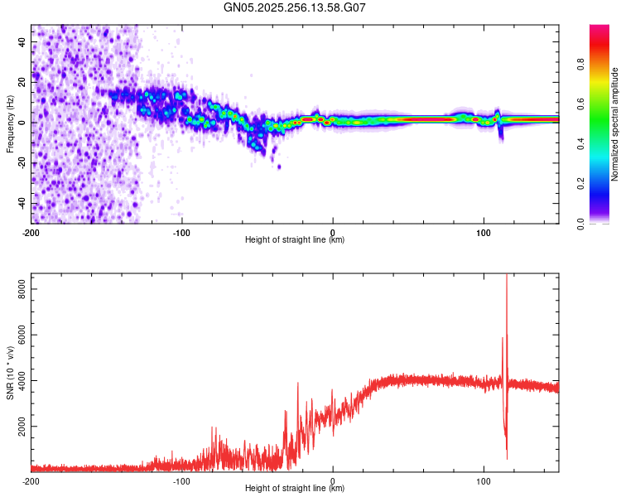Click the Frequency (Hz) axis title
pyautogui.click(x=10, y=124)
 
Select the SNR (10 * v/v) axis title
pyautogui.click(x=10, y=373)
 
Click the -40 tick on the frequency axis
pyautogui.click(x=21, y=204)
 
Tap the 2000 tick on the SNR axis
pyautogui.click(x=16, y=427)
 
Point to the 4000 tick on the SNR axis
pyautogui.click(x=16, y=381)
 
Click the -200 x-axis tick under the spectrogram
pyautogui.click(x=31, y=231)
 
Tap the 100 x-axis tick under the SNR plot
pyautogui.click(x=484, y=480)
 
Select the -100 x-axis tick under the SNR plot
pyautogui.click(x=182, y=480)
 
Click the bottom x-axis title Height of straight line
pyautogui.click(x=295, y=489)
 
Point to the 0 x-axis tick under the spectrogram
pyautogui.click(x=333, y=231)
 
